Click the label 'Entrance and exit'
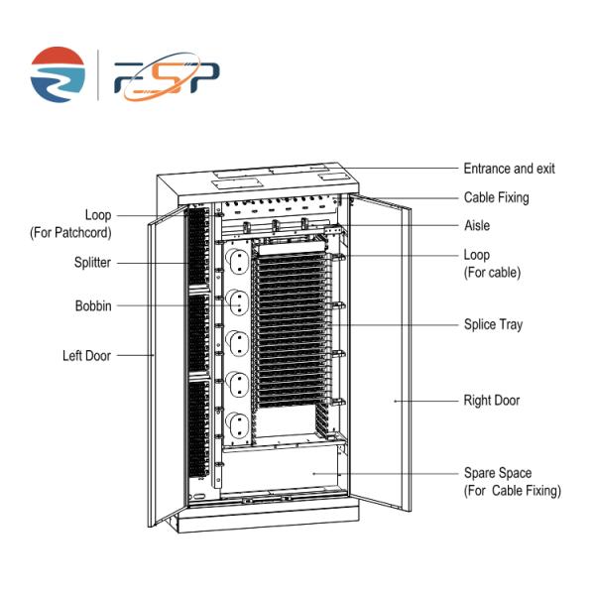pyautogui.click(x=509, y=169)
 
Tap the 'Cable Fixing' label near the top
pyautogui.click(x=497, y=197)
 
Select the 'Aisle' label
pyautogui.click(x=477, y=225)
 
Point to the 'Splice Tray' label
pyautogui.click(x=493, y=324)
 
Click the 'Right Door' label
pyautogui.click(x=492, y=401)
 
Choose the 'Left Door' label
pyautogui.click(x=86, y=356)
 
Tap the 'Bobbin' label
pyautogui.click(x=93, y=305)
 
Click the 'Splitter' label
pyautogui.click(x=92, y=262)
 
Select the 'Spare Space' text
pyautogui.click(x=498, y=473)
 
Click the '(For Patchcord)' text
pyautogui.click(x=70, y=233)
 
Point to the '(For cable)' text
pyautogui.click(x=492, y=273)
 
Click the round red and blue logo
pyautogui.click(x=58, y=74)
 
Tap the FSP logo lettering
pyautogui.click(x=167, y=77)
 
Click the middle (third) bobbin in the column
pyautogui.click(x=238, y=343)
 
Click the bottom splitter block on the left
pyautogui.click(x=199, y=428)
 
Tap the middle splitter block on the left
pyautogui.click(x=199, y=333)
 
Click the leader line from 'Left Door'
pyautogui.click(x=135, y=356)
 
